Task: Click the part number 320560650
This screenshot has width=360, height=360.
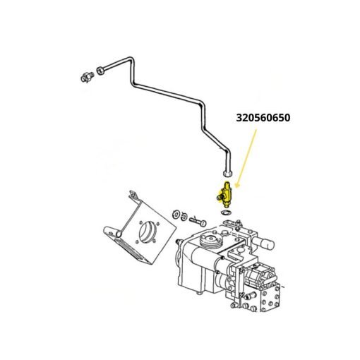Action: click(x=263, y=118)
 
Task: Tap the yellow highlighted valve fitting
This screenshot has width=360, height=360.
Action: click(x=225, y=194)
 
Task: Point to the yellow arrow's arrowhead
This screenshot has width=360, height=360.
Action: click(x=237, y=186)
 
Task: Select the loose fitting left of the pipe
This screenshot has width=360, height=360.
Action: click(x=87, y=78)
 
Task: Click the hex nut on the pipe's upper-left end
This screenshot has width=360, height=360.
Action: click(x=100, y=71)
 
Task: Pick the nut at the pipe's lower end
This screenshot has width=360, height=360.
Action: click(x=228, y=174)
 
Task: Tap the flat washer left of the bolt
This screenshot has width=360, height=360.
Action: click(x=176, y=214)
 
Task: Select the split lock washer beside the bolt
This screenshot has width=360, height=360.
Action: click(x=184, y=217)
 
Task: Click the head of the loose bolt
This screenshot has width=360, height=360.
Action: click(x=203, y=223)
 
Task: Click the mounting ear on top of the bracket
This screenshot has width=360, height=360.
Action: click(x=133, y=195)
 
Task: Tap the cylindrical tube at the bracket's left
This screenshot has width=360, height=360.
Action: click(x=112, y=232)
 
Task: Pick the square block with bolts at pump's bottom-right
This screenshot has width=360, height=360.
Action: click(x=270, y=299)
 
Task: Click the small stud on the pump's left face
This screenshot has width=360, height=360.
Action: click(x=179, y=241)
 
